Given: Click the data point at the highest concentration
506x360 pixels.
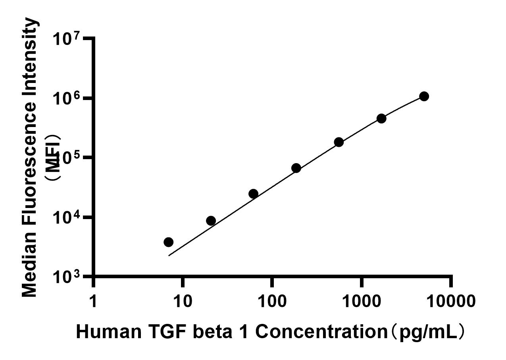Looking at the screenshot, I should [x=424, y=96].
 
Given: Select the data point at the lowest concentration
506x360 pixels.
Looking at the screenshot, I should [x=168, y=242].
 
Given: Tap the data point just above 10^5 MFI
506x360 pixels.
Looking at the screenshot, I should [x=339, y=142].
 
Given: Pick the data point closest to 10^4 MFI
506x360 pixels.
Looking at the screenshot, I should [x=211, y=221].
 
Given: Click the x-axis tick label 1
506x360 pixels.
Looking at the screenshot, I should [x=93, y=301].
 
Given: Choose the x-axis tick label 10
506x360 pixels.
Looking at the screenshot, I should [x=182, y=301].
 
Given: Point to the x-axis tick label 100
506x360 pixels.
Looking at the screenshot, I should [x=272, y=301].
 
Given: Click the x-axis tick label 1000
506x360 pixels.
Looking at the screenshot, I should [x=362, y=301].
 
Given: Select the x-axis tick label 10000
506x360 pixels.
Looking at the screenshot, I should [x=451, y=301].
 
